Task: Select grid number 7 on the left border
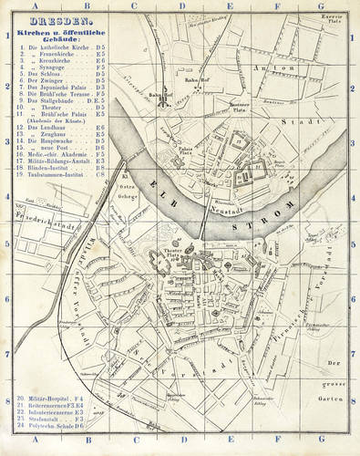[x=6, y=353]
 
